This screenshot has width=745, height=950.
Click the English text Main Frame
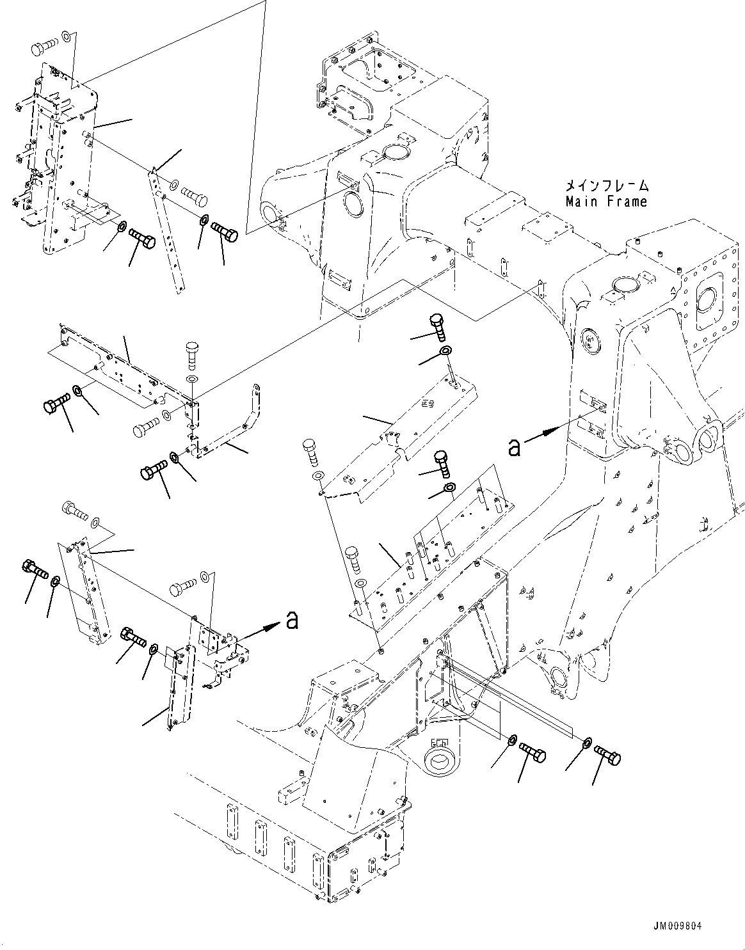[605, 202]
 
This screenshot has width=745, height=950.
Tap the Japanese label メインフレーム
[605, 186]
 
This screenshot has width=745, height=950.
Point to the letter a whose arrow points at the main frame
[514, 447]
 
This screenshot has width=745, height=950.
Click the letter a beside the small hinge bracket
[292, 620]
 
